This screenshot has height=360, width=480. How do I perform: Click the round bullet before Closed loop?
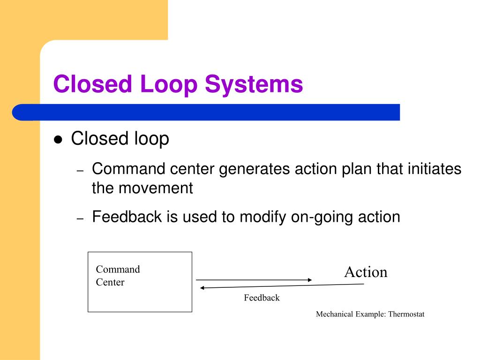tap(58, 140)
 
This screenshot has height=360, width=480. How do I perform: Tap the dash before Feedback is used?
tap(80, 219)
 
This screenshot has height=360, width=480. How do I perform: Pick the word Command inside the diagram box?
tap(118, 269)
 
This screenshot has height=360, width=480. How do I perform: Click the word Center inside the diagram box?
tap(110, 282)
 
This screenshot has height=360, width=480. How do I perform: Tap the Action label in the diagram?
tap(366, 272)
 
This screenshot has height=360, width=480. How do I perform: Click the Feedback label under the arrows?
tap(262, 298)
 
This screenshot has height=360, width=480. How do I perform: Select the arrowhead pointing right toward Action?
tap(309, 280)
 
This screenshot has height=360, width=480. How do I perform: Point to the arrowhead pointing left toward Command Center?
tap(202, 288)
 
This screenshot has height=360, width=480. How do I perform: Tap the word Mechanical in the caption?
tap(334, 314)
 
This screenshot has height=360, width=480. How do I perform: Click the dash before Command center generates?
tap(80, 171)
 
